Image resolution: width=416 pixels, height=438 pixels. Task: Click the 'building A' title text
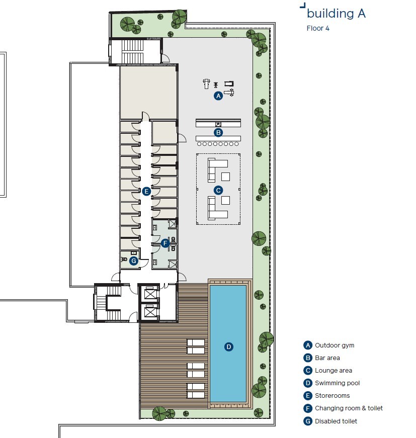[x=336, y=14]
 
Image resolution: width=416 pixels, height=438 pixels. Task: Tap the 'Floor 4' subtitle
[x=318, y=28]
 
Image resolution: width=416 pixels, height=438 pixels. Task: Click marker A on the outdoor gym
[x=218, y=96]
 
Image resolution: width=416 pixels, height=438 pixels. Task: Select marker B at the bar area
[x=218, y=133]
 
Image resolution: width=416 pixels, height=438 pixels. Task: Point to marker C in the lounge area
[x=218, y=190]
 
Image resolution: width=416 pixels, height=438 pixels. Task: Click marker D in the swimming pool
[x=228, y=346]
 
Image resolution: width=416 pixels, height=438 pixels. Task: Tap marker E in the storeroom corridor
[x=146, y=191]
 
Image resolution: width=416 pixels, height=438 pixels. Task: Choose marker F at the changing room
[x=164, y=243]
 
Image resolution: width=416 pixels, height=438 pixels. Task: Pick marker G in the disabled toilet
[x=133, y=260]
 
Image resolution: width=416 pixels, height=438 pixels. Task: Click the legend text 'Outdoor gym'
[x=335, y=345]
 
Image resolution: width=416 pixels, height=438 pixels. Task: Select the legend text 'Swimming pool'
[x=337, y=383]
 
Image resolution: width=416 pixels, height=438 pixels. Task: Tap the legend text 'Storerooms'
[x=332, y=396]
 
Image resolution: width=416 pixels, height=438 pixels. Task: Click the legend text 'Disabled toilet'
[x=336, y=421]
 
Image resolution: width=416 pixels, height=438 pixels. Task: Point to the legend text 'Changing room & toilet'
[x=349, y=408]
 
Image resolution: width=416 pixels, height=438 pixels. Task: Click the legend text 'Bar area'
[x=327, y=358]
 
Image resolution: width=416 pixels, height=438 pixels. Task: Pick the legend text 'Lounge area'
[x=333, y=371]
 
